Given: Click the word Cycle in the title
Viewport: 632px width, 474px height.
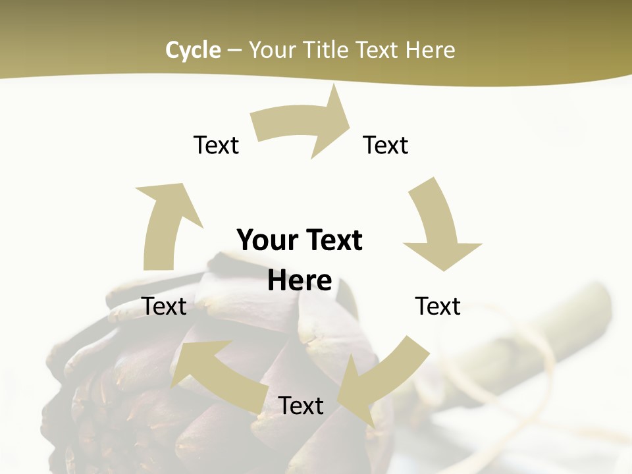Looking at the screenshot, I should [x=193, y=50].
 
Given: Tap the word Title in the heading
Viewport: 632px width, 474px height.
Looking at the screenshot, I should [x=326, y=50].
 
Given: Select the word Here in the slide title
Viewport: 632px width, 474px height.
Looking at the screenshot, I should [x=431, y=50].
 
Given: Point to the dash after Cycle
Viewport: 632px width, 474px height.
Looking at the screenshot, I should [x=234, y=50].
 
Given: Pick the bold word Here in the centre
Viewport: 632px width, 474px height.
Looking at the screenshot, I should [x=300, y=281].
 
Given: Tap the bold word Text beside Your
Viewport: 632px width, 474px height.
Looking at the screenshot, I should [x=332, y=241].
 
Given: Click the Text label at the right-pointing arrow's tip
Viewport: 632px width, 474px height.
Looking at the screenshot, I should [x=386, y=145].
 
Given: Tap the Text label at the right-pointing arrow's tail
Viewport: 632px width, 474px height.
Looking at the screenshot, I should [x=216, y=145].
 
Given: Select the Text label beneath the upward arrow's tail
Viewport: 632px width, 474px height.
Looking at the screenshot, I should [x=165, y=306].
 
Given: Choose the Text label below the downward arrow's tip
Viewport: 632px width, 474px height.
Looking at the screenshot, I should [x=438, y=306].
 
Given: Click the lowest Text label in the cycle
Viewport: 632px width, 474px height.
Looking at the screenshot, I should [x=301, y=406].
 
